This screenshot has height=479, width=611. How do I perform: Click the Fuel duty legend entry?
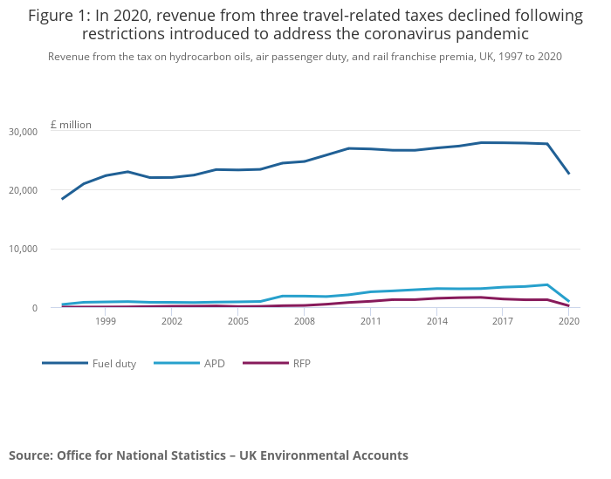[x=113, y=364]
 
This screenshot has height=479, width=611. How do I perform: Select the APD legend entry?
[x=214, y=364]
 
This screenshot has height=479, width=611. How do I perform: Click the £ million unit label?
[x=71, y=125]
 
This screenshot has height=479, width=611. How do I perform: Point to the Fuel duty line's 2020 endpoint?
[x=569, y=173]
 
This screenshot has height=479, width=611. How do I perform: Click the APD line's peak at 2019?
[x=546, y=284]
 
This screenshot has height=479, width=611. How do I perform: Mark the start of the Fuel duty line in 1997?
[x=62, y=199]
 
